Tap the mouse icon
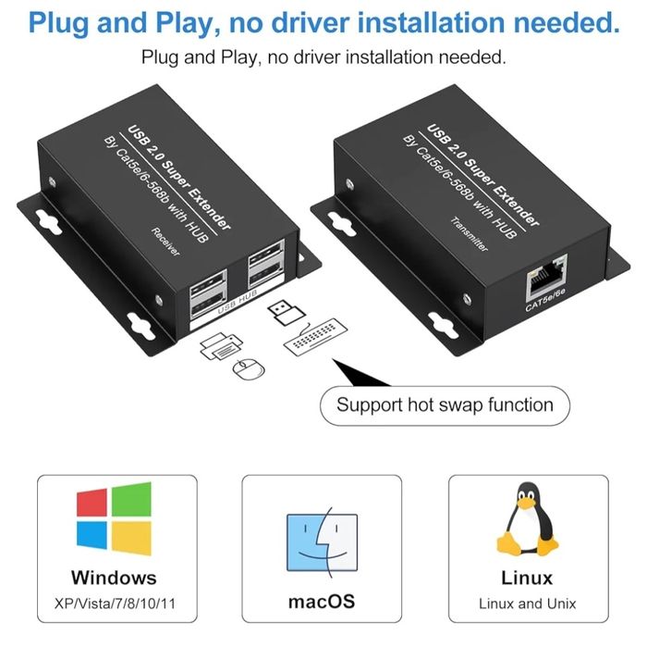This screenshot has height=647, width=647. click(x=245, y=369)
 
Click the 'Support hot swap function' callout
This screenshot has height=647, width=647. click(x=445, y=404)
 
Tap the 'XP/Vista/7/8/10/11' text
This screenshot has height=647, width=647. click(x=114, y=603)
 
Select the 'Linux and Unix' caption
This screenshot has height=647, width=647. click(x=528, y=603)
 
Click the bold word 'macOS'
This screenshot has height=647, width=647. click(x=321, y=601)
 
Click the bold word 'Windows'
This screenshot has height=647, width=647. click(x=114, y=578)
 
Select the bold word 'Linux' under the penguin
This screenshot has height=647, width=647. click(x=528, y=578)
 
